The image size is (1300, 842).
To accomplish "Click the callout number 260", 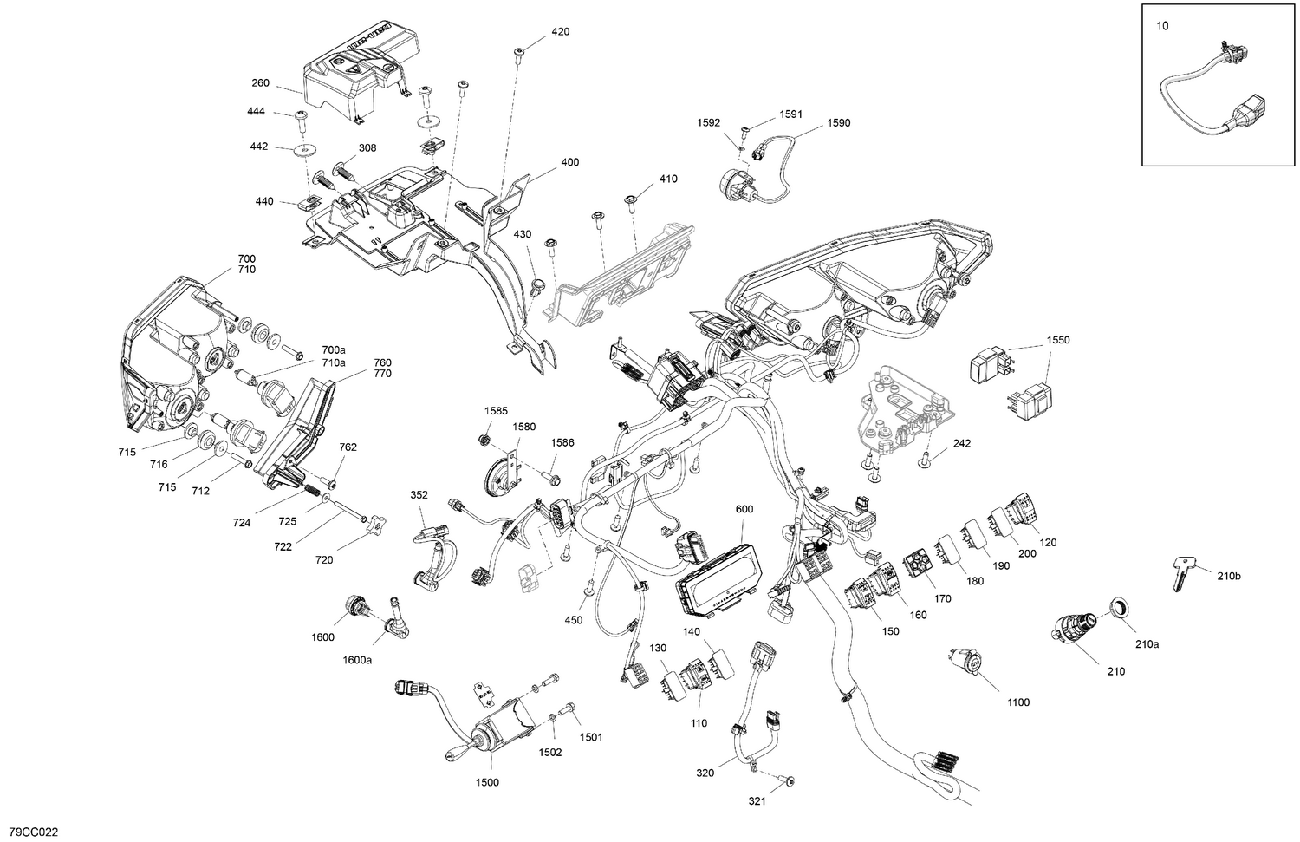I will click(259, 83).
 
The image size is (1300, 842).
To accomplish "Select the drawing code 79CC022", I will click(30, 832).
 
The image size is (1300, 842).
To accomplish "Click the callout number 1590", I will click(838, 123).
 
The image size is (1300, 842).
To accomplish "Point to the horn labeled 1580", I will click(500, 468).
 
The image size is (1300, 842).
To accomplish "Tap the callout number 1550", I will click(1057, 340).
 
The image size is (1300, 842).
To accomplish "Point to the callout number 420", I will click(560, 32).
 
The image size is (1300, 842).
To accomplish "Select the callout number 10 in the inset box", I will click(1162, 26).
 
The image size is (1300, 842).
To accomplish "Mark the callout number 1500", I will click(487, 782).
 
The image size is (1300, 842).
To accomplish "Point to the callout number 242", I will click(961, 443).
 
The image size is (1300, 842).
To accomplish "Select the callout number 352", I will click(419, 495).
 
